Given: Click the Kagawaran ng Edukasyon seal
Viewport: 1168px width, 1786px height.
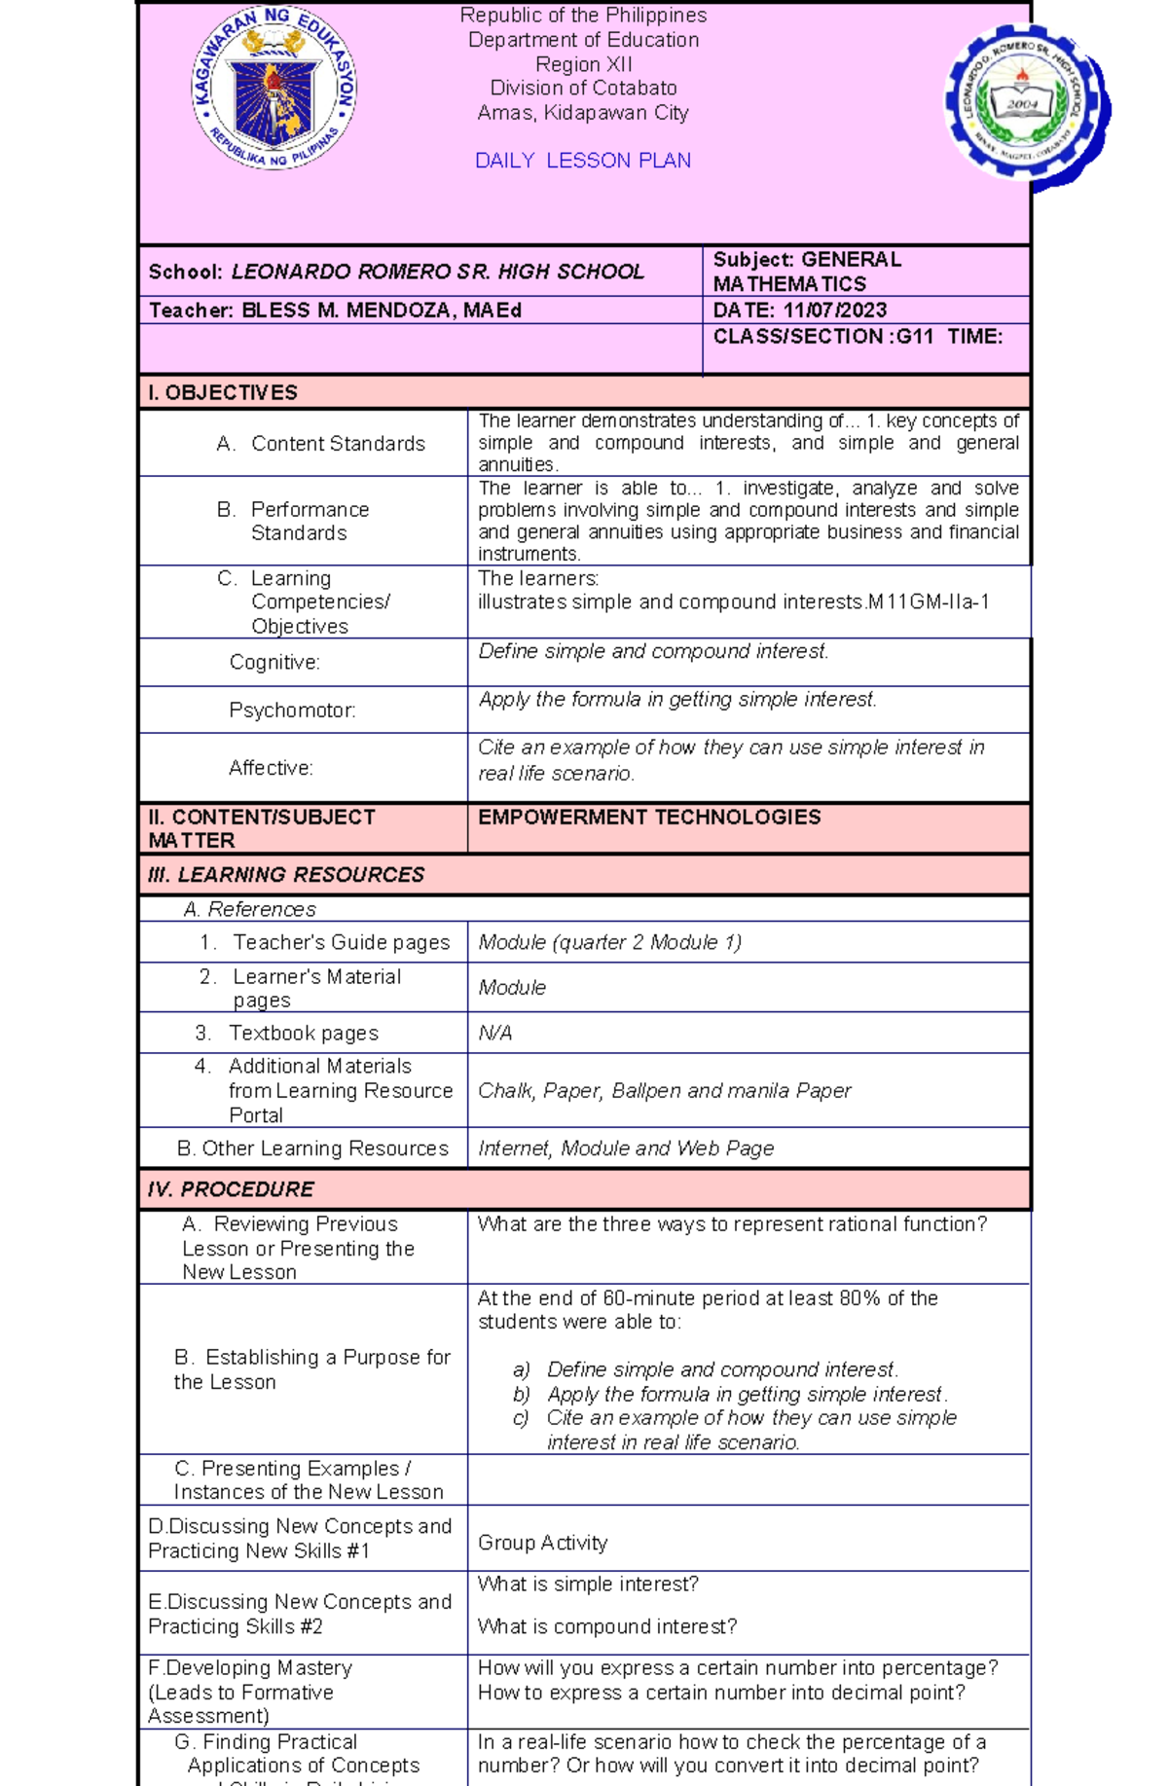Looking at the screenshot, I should pos(274,87).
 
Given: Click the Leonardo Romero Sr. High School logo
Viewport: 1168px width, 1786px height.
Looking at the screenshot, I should pos(1023,103).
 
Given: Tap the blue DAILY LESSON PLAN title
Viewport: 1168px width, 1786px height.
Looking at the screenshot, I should pos(582,161).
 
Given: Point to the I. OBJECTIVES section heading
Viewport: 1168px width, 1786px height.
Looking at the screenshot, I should pos(223,393).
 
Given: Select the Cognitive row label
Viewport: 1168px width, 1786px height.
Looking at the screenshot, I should pos(274,663).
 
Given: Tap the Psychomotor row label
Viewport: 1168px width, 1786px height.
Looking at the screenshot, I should pos(292,711).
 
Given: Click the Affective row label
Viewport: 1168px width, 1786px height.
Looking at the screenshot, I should pos(271,769).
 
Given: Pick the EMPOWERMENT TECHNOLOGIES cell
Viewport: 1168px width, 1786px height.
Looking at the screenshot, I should pos(649,818).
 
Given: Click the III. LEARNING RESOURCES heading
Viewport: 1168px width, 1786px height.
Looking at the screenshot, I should pos(286,875).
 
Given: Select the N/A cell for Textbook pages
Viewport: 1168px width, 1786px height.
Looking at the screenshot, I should pos(494,1034).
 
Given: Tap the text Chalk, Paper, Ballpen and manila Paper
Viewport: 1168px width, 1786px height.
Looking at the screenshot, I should pos(664,1091).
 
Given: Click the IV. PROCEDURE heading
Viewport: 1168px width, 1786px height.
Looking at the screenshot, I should pos(231,1189).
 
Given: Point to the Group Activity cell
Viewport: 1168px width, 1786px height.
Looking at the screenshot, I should pos(542,1544).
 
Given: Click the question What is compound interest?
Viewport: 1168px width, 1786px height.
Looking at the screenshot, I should pos(606,1627).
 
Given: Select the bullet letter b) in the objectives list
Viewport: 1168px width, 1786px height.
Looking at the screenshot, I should pos(522,1395).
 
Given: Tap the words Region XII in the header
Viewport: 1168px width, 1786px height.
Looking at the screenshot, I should pos(583,65).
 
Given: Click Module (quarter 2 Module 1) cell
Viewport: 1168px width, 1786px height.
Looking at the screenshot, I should pos(609,943).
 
